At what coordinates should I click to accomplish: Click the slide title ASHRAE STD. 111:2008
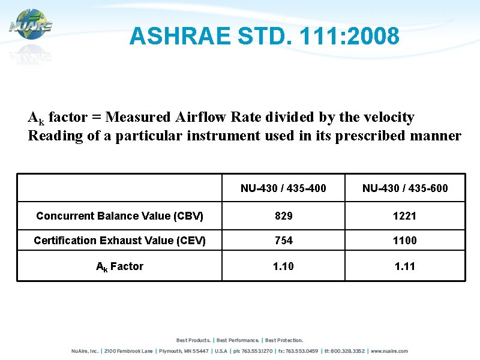coord(264,37)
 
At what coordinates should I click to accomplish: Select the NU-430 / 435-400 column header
coord(283,188)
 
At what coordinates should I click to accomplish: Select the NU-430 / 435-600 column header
coord(405,188)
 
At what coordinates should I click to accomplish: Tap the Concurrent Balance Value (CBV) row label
coord(119,215)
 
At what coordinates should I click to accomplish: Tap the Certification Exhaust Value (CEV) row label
coord(119,241)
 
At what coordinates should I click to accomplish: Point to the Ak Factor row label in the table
coord(119,266)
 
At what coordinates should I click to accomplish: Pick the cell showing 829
coord(283,215)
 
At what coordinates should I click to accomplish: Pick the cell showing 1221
coord(405,215)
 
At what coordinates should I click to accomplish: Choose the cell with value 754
coord(283,241)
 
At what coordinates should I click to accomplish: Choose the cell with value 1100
coord(405,241)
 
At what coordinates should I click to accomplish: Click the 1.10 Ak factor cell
coord(283,266)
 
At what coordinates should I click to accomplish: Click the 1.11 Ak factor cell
coord(405,266)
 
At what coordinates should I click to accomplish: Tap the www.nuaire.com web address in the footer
coord(389,351)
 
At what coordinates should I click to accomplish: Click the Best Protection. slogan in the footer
coord(284,340)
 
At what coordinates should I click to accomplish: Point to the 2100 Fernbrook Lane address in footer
coord(128,351)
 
